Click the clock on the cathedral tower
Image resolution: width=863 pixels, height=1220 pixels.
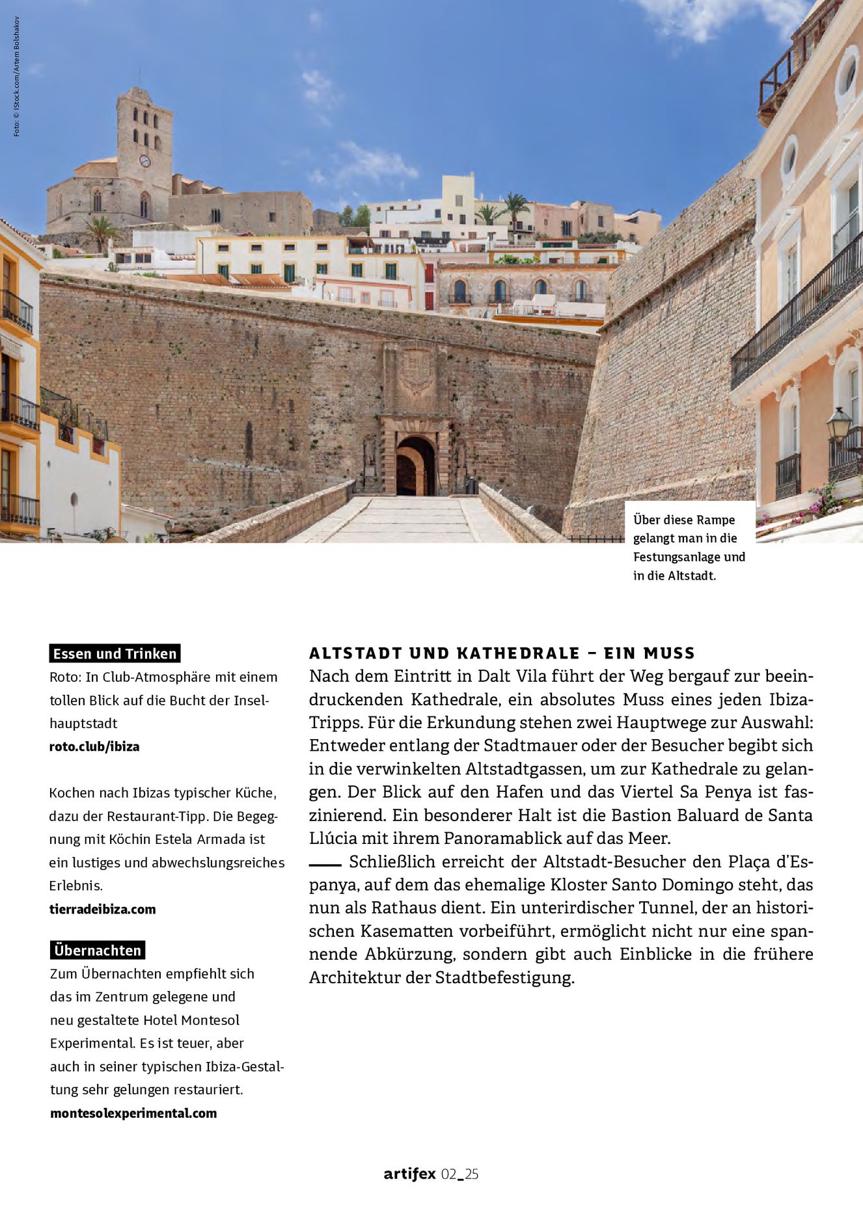tap(144, 161)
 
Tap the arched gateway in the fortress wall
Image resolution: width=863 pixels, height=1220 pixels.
tap(415, 466)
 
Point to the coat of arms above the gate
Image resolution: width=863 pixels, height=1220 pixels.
tap(417, 372)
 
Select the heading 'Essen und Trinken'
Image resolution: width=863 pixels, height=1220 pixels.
tap(115, 653)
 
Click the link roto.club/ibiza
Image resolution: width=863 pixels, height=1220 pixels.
tap(94, 746)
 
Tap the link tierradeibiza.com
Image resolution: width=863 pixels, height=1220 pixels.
tap(103, 909)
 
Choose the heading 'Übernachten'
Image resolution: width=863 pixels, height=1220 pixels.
tap(98, 950)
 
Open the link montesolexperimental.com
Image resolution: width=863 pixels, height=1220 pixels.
tap(133, 1113)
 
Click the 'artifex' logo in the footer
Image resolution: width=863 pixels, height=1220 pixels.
tap(409, 1174)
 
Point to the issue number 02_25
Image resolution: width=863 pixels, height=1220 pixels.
tap(459, 1174)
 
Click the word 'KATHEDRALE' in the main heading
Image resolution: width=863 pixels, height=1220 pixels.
tap(518, 653)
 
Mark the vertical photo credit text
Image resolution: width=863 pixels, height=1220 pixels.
tap(16, 77)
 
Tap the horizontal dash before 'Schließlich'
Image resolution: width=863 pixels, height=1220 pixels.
tap(325, 865)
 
